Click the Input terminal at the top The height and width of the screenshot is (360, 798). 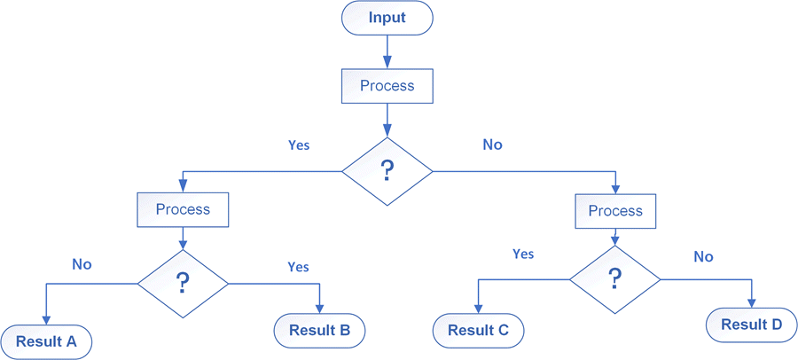pyautogui.click(x=387, y=18)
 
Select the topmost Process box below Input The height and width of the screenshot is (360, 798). pyautogui.click(x=387, y=86)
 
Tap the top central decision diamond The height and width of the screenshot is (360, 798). pyautogui.click(x=387, y=171)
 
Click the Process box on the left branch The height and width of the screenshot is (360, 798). pyautogui.click(x=183, y=210)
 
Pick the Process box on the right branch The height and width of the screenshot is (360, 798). pyautogui.click(x=614, y=211)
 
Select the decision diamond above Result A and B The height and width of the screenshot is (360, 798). pyautogui.click(x=183, y=283)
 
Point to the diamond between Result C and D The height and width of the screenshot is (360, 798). pyautogui.click(x=614, y=278)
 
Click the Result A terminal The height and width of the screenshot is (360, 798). pyautogui.click(x=46, y=341)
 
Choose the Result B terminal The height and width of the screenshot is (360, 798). pyautogui.click(x=319, y=331)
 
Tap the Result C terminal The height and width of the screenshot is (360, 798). pyautogui.click(x=478, y=331)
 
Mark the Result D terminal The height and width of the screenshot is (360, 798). pyautogui.click(x=751, y=325)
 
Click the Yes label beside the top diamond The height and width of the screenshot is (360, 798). pyautogui.click(x=299, y=145)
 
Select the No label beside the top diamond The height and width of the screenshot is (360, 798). pyautogui.click(x=492, y=144)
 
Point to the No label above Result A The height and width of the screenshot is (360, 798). pyautogui.click(x=82, y=263)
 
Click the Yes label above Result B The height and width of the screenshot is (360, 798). pyautogui.click(x=299, y=266)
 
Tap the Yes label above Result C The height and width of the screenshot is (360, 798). pyautogui.click(x=523, y=254)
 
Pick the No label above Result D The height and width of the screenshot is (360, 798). pyautogui.click(x=703, y=256)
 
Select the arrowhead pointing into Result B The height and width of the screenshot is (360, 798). pyautogui.click(x=319, y=309)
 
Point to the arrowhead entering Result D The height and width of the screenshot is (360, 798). pyautogui.click(x=752, y=302)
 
